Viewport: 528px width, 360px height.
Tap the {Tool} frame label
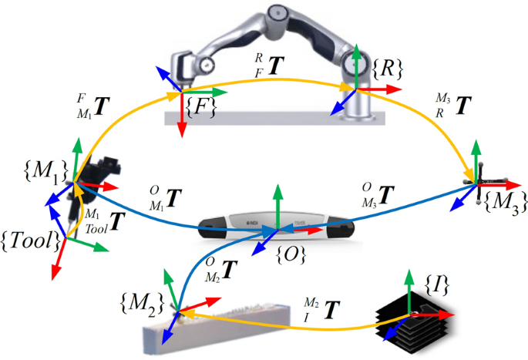click(x=30, y=241)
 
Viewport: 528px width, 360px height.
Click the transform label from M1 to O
click(x=162, y=198)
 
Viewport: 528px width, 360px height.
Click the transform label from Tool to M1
click(x=104, y=222)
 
